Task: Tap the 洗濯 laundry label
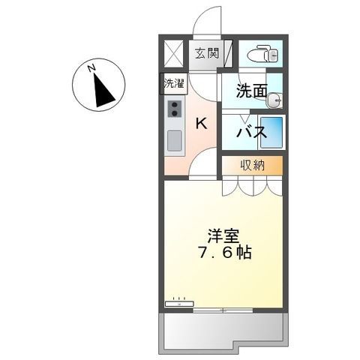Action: click(x=173, y=84)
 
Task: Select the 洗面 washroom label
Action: click(x=250, y=92)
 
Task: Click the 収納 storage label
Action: click(x=251, y=165)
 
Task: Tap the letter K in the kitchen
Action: click(x=201, y=125)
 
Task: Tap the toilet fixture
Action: click(x=263, y=53)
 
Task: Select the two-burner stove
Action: click(x=175, y=109)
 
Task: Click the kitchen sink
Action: click(x=175, y=139)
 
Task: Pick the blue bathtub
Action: click(x=272, y=133)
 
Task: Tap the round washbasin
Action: click(x=276, y=98)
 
